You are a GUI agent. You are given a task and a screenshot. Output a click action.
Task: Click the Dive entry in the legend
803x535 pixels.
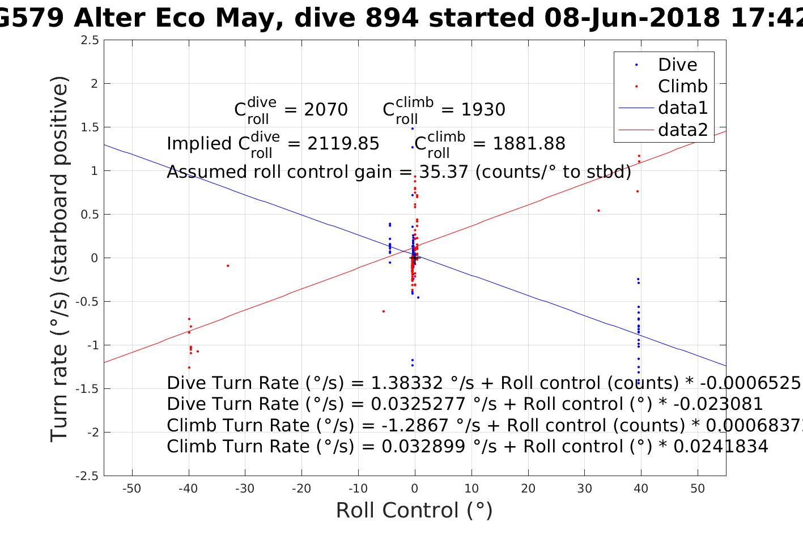[677, 65]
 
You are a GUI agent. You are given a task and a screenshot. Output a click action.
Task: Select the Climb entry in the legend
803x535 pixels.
[682, 86]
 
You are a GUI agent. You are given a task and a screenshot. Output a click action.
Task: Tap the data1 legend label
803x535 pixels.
[683, 108]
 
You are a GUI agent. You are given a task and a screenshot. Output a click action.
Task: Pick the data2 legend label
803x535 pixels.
[683, 130]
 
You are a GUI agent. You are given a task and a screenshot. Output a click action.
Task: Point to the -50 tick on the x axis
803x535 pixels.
[131, 489]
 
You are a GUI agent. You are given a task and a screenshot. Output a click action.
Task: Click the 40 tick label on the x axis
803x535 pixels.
[641, 489]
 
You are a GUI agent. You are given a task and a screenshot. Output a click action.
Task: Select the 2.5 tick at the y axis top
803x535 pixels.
[90, 40]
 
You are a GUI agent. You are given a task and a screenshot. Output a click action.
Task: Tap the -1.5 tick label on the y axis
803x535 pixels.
[87, 389]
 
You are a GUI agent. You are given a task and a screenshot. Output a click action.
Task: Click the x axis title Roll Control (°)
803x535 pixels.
[414, 511]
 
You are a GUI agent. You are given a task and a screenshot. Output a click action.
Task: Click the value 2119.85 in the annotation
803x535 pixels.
[343, 144]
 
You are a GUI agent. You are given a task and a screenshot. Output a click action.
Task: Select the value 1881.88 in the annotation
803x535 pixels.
[529, 144]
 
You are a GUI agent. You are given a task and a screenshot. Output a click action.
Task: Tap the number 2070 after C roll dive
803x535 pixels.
[326, 109]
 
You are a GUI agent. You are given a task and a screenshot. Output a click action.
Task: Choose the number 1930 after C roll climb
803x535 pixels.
[483, 109]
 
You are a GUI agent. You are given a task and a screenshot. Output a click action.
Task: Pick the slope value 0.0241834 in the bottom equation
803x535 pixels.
[720, 447]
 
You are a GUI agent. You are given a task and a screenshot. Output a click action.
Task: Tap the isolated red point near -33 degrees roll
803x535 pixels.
[228, 266]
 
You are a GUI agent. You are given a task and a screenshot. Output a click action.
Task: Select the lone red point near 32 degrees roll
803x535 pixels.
[598, 211]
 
